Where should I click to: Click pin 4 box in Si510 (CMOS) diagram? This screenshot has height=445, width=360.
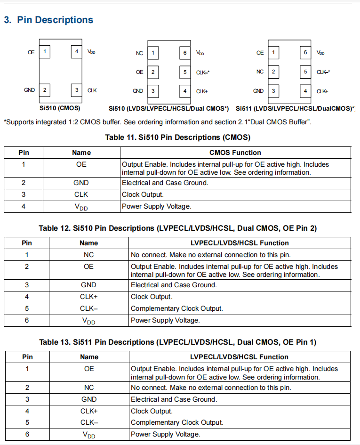tap(77, 51)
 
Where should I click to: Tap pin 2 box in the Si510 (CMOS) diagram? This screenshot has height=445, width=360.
tap(44, 89)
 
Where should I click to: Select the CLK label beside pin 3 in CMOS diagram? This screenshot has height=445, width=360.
tap(92, 90)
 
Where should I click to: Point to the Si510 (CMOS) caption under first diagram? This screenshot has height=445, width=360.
tap(60, 108)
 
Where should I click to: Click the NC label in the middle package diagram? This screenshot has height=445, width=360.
tap(139, 53)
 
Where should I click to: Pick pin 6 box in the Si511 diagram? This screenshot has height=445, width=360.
tap(305, 53)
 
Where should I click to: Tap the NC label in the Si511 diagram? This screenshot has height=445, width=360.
tap(260, 72)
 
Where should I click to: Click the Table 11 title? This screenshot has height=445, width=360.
tap(177, 138)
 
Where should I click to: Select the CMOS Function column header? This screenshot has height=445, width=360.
tap(235, 153)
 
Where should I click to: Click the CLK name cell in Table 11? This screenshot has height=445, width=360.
tap(81, 194)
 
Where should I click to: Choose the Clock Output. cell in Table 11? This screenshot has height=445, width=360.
tap(143, 194)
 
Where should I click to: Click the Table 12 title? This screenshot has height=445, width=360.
tap(177, 228)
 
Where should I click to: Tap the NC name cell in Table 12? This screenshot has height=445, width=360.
tap(88, 255)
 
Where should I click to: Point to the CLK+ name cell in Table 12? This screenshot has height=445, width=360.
tap(88, 297)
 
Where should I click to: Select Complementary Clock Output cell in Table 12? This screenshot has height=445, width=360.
tap(176, 308)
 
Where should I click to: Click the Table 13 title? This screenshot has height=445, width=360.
tap(177, 342)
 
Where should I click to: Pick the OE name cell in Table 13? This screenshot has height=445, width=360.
tap(89, 369)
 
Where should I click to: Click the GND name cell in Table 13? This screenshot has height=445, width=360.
tap(89, 399)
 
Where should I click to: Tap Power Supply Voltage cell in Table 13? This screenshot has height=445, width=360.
tap(165, 434)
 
